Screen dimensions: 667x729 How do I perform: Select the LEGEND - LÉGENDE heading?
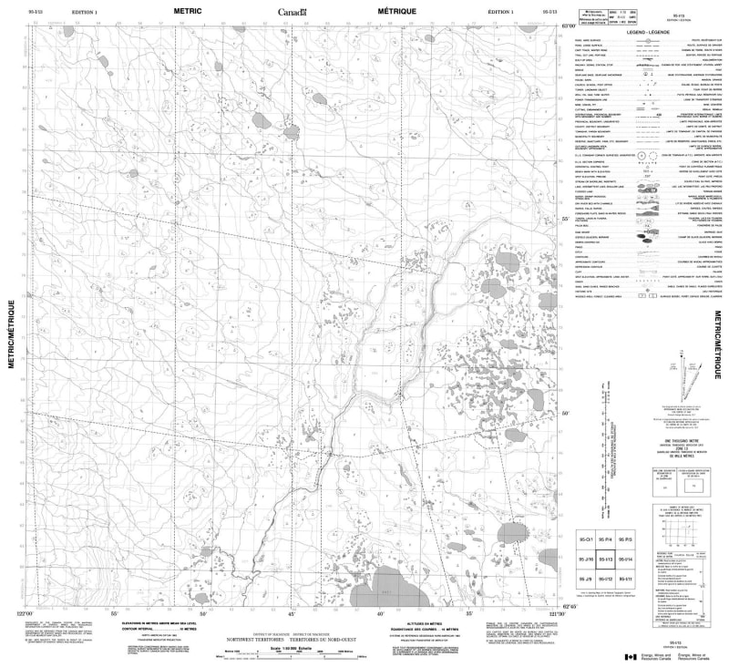point(649,33)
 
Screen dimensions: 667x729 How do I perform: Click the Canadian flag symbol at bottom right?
point(628,658)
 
